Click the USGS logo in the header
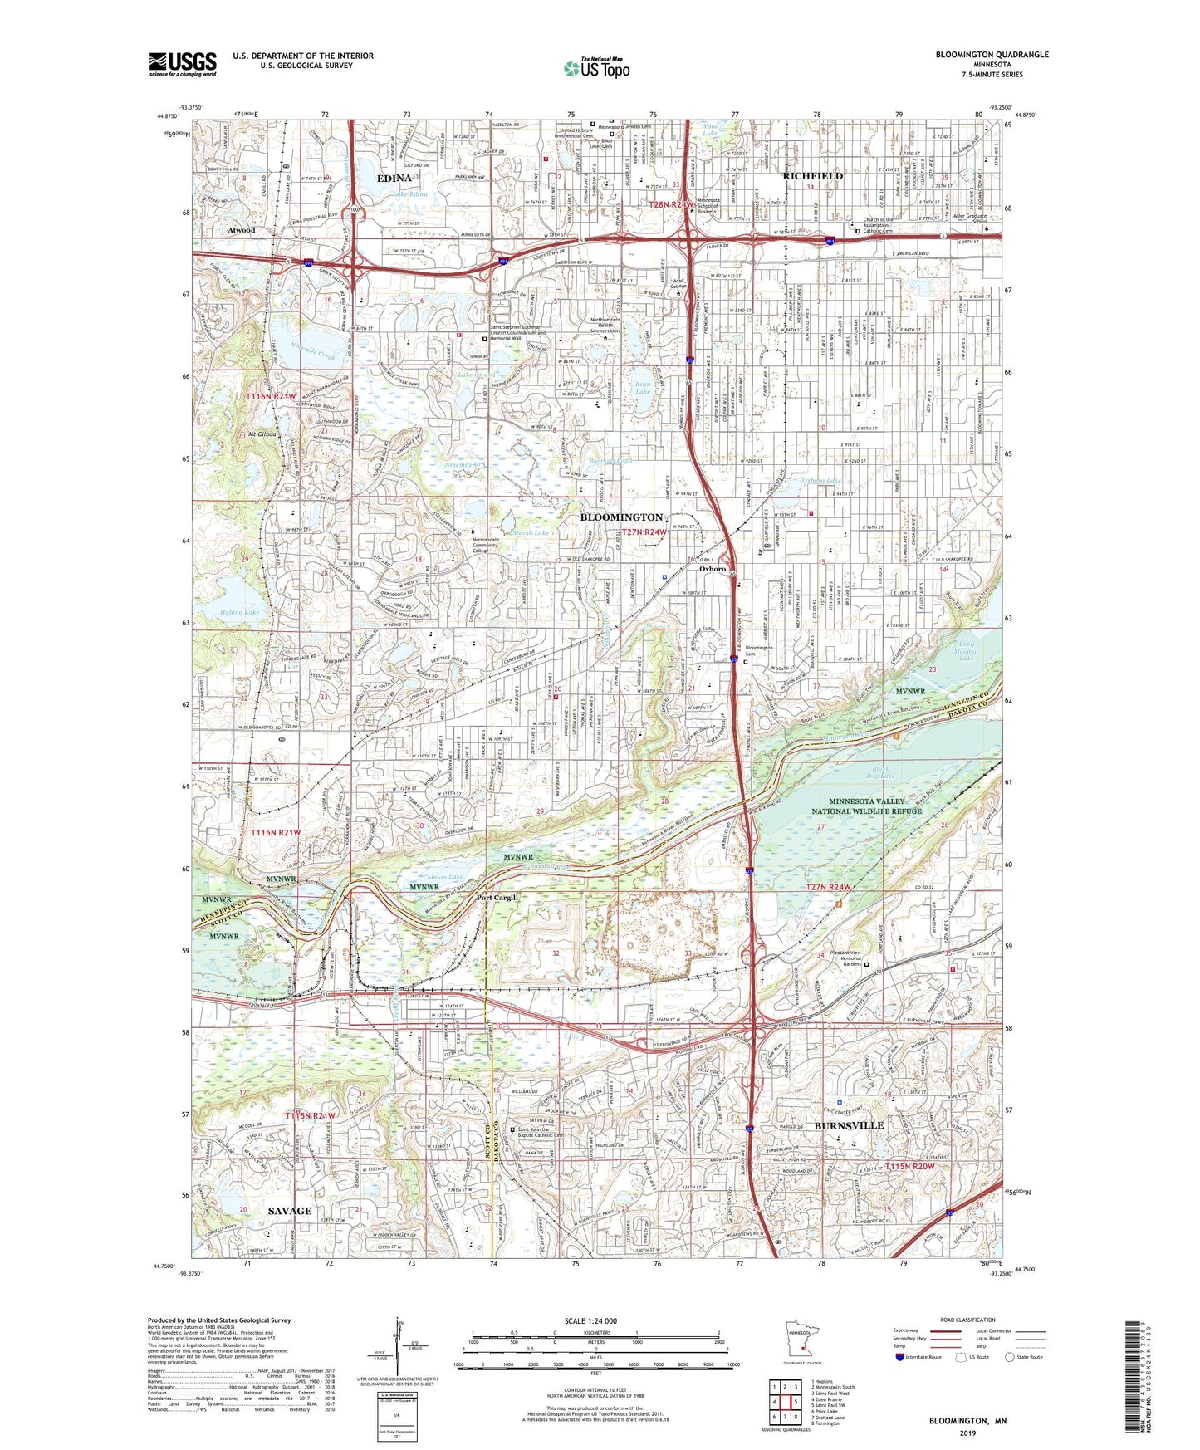(x=183, y=64)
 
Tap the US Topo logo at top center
(x=595, y=68)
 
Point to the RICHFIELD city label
(x=813, y=176)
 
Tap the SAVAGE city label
(x=290, y=1211)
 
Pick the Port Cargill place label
(x=497, y=898)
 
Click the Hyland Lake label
(x=240, y=612)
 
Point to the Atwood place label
(x=242, y=230)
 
